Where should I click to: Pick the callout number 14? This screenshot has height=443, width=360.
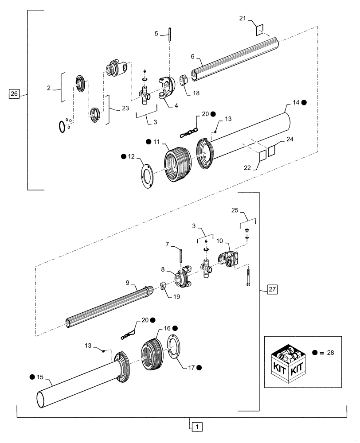[x=296, y=102]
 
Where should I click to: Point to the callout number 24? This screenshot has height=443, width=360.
[x=290, y=139]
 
